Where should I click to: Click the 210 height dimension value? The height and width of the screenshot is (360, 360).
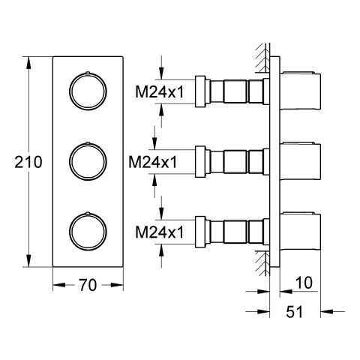coord(28,162)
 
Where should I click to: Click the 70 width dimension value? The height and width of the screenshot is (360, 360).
coord(88,285)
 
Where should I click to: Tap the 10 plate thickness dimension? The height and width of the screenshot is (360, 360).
coord(304,283)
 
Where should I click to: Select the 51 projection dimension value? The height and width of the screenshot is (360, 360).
coord(294,312)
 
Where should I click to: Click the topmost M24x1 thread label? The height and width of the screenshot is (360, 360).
coord(160,91)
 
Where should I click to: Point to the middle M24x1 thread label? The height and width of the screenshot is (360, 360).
coord(153,162)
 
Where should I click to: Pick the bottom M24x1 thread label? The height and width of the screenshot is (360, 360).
coord(160,232)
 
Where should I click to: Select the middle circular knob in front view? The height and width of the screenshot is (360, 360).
coord(88,143)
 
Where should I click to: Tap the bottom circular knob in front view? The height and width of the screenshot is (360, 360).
coord(88,214)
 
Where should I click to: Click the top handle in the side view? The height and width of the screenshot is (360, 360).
coord(300,91)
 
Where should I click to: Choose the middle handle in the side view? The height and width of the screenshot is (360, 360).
coord(300,161)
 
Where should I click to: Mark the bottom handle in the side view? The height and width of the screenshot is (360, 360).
coord(300,231)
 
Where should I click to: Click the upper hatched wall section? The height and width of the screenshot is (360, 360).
coord(262,58)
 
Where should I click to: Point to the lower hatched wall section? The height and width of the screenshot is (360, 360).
coord(262,263)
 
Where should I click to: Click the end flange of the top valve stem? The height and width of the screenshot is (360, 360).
coord(200,91)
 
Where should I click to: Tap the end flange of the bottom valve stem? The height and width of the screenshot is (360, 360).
coord(200,232)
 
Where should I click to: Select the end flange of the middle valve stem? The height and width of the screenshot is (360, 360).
coord(200,162)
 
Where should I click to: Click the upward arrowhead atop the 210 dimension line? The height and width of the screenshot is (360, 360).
coord(28,63)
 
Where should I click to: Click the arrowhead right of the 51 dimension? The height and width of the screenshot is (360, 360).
coord(327,311)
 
